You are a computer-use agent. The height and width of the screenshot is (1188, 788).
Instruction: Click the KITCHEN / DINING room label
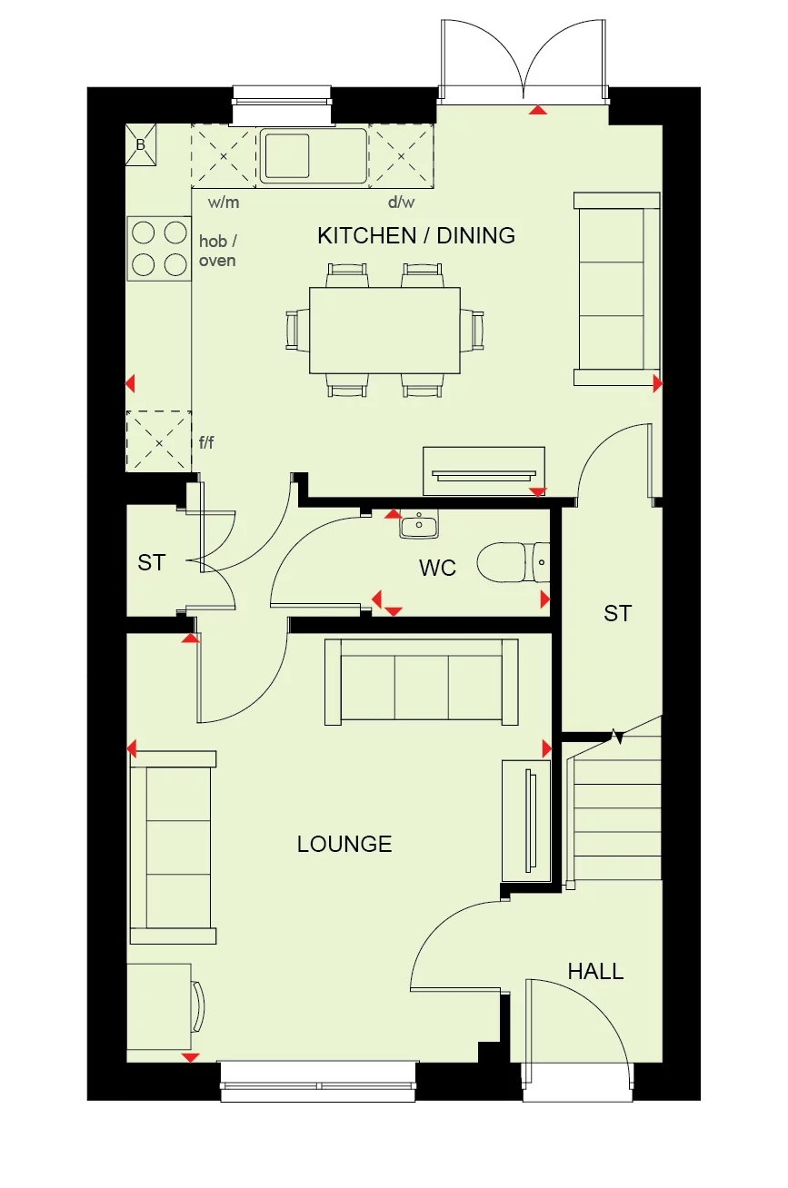coord(416,236)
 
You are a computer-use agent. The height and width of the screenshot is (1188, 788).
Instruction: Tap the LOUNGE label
coord(344,844)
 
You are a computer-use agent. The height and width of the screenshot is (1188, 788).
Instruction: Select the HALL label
coord(595,971)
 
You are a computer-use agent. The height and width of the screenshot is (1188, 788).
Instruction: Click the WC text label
coord(437,569)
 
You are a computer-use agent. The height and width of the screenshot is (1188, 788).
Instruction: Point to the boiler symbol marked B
coord(141,145)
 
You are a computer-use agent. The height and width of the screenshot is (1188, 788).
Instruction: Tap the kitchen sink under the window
coord(314,155)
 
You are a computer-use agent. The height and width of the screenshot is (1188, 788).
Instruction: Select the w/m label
coord(223,202)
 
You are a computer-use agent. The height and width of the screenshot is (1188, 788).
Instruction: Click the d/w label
coord(402,202)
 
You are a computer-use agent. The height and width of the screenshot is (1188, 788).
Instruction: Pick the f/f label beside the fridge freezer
coord(207,442)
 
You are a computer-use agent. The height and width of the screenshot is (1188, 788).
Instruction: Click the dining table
coord(384,330)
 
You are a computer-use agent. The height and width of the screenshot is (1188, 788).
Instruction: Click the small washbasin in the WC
coord(419,524)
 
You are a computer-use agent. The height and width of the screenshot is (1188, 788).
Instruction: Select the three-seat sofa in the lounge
coord(422,683)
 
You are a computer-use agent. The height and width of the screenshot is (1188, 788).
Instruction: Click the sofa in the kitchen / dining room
coord(617,289)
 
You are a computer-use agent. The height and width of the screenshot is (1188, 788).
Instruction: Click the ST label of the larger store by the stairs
coord(617,614)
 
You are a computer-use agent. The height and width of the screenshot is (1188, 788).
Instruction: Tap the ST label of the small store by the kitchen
coord(152,563)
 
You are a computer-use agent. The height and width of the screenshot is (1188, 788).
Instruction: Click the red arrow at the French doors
coord(538,110)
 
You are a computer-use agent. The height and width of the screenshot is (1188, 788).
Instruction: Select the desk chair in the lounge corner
coord(199,1005)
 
